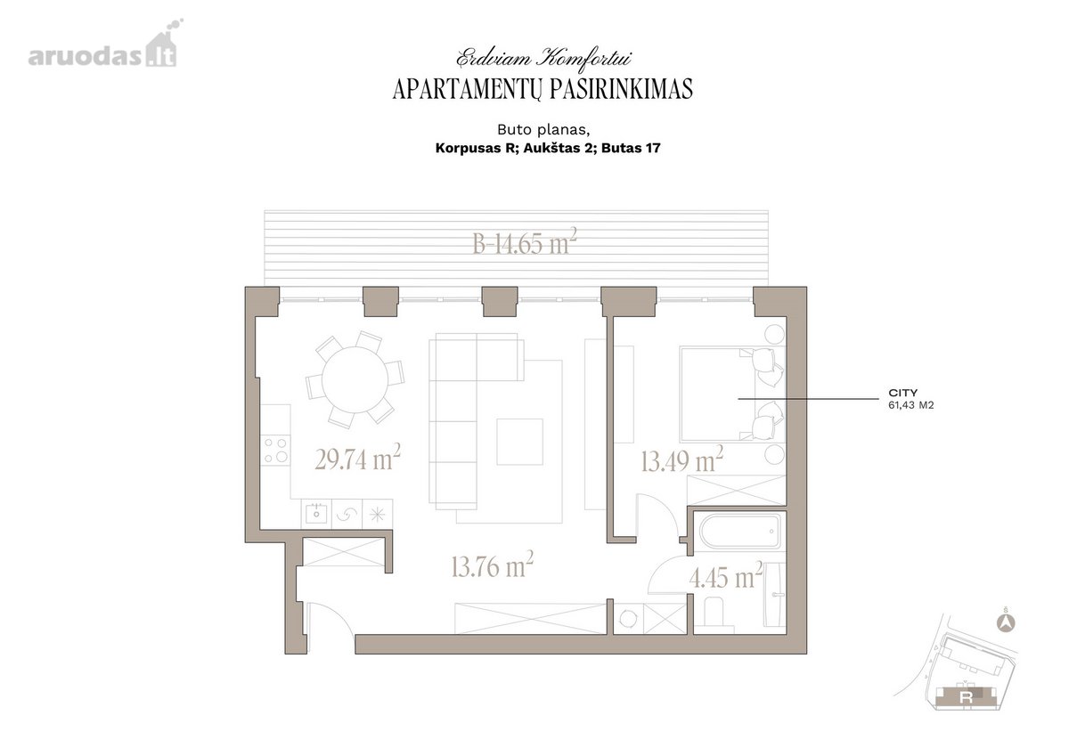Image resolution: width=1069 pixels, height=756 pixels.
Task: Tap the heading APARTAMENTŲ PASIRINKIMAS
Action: coord(543,89)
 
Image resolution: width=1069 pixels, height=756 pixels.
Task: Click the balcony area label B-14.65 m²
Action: coord(525,241)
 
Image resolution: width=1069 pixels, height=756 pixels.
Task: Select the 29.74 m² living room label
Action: coord(357,458)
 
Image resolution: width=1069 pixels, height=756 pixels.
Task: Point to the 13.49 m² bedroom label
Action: coord(682,459)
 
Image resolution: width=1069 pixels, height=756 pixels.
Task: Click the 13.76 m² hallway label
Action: coord(492,565)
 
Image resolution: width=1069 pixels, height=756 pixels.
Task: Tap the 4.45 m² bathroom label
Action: coord(725,575)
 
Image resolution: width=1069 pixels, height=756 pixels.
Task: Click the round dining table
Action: coord(355,380)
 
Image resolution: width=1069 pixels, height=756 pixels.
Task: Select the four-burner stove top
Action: coord(276,450)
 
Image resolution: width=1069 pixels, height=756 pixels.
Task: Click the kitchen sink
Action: coord(316,513)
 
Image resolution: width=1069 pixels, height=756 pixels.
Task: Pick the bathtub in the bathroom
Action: coord(739,532)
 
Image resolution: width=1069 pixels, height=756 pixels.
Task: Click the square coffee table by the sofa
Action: coord(519,442)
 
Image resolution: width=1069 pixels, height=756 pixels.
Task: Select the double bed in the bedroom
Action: coord(732,394)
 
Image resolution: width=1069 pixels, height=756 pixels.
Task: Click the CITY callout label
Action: coord(903,393)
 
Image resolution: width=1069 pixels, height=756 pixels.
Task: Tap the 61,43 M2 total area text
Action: coord(910,405)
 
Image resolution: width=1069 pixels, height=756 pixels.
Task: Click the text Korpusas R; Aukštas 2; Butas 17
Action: coord(548,149)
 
